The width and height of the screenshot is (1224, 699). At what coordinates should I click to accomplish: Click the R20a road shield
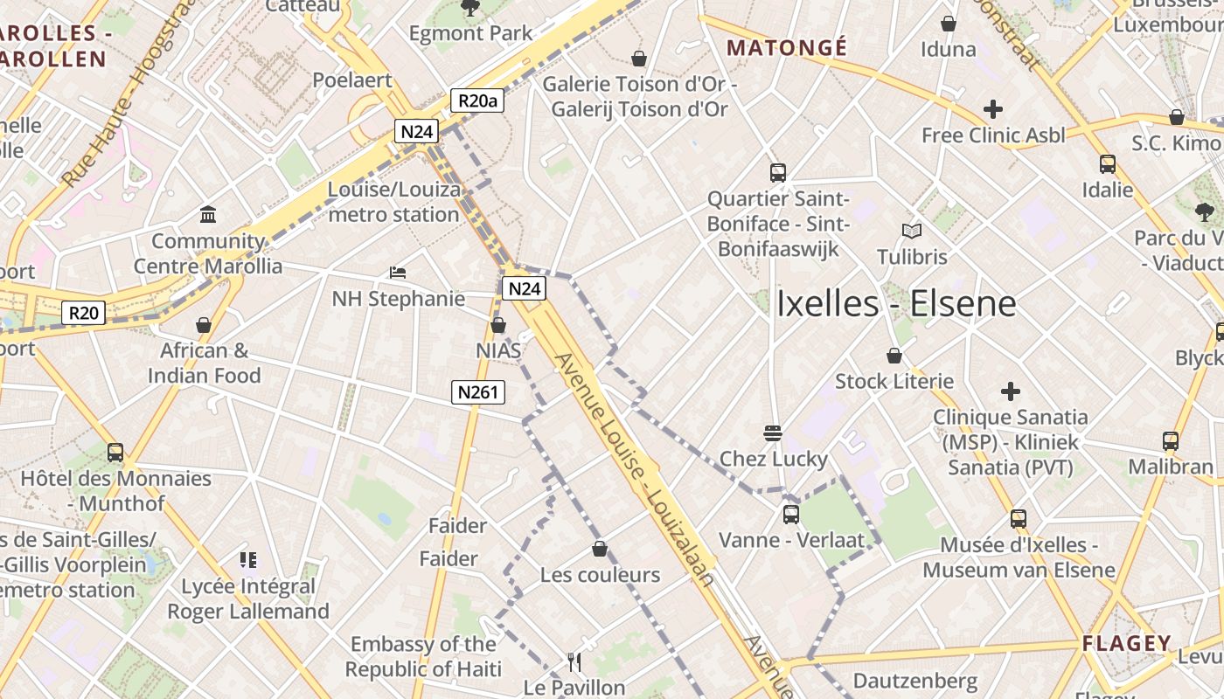point(477,100)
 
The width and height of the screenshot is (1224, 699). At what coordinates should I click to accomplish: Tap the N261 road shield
point(478,392)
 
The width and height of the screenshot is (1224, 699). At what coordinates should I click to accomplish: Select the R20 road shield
point(85,313)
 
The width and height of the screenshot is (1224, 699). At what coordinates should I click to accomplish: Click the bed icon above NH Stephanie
point(398,273)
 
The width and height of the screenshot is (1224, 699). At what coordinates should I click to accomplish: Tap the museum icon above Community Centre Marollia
point(208,214)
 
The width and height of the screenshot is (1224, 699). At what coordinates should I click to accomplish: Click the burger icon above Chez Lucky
point(772,433)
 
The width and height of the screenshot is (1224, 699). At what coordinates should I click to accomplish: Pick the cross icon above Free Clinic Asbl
point(993,109)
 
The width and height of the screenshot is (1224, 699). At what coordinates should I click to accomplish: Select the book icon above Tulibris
point(912,231)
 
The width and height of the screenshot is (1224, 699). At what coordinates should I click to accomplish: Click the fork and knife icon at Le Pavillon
point(574,661)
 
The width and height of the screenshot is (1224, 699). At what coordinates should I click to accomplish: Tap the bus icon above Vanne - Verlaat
point(791,514)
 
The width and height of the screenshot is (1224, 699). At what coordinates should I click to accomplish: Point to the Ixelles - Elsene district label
point(896,304)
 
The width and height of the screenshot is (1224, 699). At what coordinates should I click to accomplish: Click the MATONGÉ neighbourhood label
point(787,48)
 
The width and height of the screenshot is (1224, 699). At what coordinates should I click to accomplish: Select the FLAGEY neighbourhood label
point(1126,644)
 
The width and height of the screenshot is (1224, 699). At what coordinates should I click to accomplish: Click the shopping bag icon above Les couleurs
point(600,549)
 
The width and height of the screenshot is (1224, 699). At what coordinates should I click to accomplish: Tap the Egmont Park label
point(470,34)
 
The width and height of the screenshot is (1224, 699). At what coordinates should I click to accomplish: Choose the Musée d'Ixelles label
point(1019,557)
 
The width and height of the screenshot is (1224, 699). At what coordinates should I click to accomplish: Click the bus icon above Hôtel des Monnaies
point(115,452)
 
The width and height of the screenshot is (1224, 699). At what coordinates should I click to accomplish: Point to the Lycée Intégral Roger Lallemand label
point(248,599)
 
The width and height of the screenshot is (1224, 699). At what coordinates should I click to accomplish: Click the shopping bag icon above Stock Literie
point(894,356)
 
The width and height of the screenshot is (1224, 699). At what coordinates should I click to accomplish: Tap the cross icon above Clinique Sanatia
point(1011,391)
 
